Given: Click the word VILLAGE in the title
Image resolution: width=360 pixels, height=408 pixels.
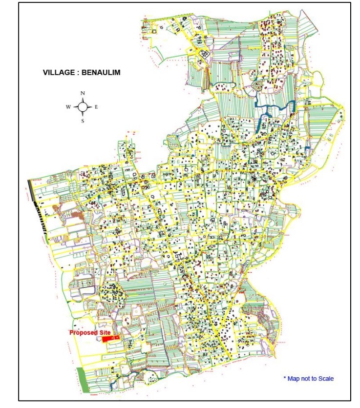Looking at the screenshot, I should click(57, 73).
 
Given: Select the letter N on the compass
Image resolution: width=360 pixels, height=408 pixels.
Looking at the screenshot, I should click(83, 93).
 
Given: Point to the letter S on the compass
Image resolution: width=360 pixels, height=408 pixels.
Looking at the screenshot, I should click(83, 121).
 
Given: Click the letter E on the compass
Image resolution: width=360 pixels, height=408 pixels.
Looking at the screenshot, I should click(97, 106).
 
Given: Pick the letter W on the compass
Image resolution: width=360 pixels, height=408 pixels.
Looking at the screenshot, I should click(68, 106).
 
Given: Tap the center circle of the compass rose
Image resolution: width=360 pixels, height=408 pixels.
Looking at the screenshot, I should click(83, 106).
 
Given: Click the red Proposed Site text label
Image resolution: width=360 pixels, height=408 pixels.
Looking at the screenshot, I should click(90, 332).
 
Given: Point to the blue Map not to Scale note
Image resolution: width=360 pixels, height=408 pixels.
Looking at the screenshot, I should click(308, 378).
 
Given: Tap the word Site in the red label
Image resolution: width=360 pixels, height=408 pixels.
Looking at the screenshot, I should click(105, 332).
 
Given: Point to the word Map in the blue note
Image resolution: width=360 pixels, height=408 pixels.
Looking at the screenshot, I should click(293, 378).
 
